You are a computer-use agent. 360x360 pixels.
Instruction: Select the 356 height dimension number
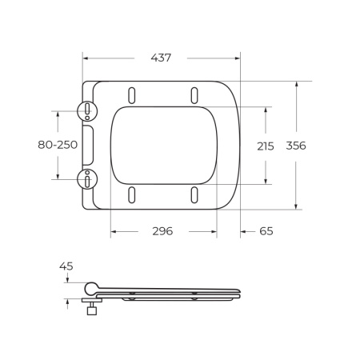(297, 146)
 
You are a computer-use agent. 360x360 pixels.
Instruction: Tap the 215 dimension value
(265, 146)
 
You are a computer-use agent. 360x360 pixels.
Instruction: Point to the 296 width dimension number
(162, 231)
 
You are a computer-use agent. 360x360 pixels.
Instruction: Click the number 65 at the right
(266, 231)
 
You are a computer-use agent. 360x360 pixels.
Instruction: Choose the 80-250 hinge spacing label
(58, 145)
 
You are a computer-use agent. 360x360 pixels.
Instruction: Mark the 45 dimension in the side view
(66, 266)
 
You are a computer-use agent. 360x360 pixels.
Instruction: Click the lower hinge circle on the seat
(86, 178)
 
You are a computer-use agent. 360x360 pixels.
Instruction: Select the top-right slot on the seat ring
(194, 94)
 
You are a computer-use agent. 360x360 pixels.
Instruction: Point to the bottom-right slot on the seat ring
(194, 194)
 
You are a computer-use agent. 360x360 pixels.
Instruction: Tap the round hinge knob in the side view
(92, 286)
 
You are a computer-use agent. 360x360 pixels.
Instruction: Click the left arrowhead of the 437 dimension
(86, 58)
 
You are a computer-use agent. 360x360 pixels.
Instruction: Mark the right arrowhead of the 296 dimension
(214, 231)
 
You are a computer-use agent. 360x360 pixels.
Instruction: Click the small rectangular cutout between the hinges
(89, 145)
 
